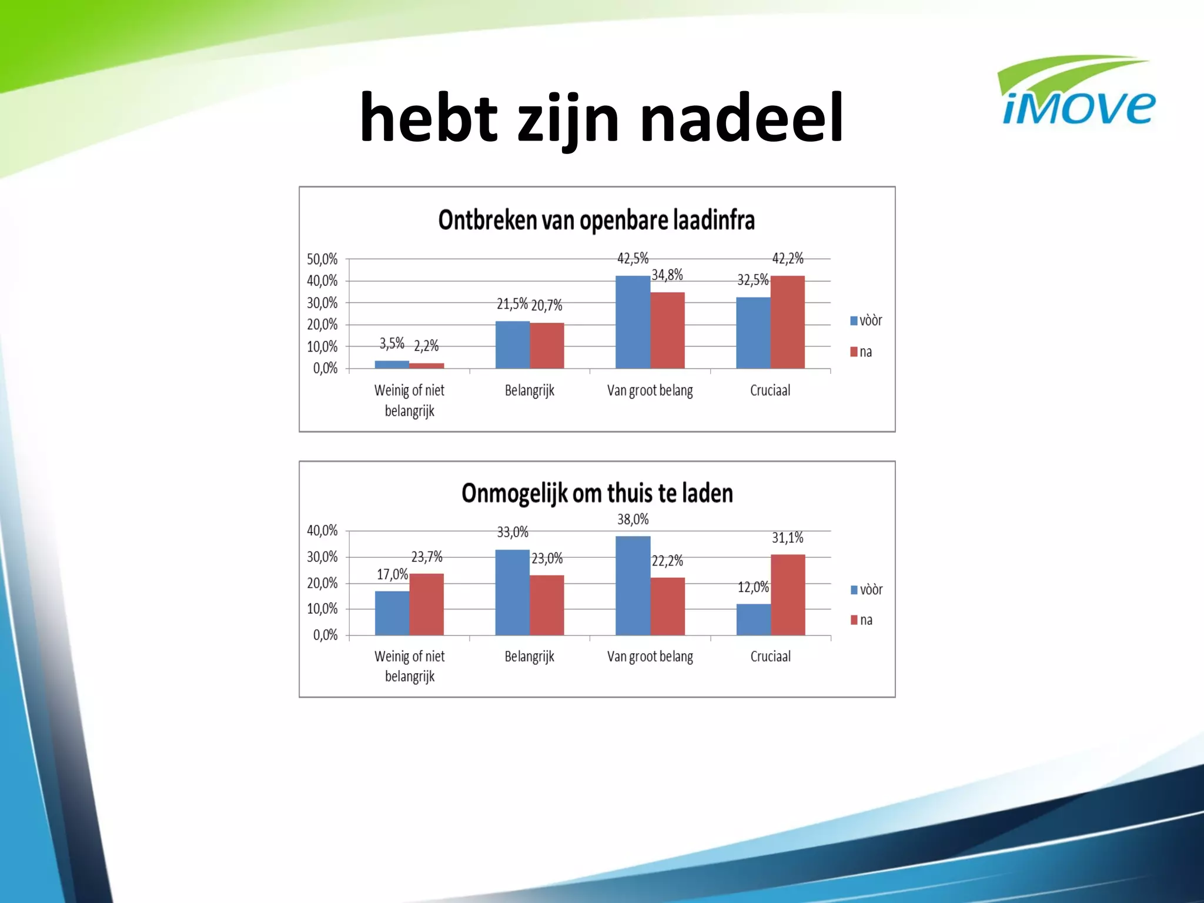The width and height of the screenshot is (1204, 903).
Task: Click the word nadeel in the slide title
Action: tap(741, 118)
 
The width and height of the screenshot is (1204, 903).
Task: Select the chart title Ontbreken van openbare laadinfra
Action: tap(596, 220)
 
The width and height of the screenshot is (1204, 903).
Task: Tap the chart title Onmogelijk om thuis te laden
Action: tap(597, 493)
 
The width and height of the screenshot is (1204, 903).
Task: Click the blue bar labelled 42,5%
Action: tap(633, 322)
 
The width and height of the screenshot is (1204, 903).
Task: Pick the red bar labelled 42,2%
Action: tap(787, 322)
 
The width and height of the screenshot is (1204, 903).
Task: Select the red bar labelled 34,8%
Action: tap(667, 330)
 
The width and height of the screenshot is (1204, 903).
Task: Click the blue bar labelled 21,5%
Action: tap(512, 345)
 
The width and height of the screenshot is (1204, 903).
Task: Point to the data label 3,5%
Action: tap(392, 343)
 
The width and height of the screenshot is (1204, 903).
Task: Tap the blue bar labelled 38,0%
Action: tap(633, 585)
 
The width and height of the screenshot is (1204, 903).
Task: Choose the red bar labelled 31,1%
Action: tap(788, 594)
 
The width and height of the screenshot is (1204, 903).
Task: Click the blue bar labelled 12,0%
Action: tap(753, 619)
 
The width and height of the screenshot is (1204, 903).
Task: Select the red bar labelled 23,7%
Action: tap(426, 604)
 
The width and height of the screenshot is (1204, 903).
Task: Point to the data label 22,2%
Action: tap(667, 561)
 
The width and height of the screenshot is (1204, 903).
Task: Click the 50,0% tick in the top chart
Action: tap(322, 259)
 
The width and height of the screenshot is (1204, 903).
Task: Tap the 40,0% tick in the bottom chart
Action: tap(322, 530)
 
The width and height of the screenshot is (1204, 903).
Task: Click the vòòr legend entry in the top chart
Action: tap(866, 320)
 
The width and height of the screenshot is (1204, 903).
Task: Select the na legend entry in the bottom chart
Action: tap(862, 620)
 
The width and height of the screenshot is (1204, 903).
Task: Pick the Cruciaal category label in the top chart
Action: tap(770, 390)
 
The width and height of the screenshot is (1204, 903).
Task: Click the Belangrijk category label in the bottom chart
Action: tap(529, 656)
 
